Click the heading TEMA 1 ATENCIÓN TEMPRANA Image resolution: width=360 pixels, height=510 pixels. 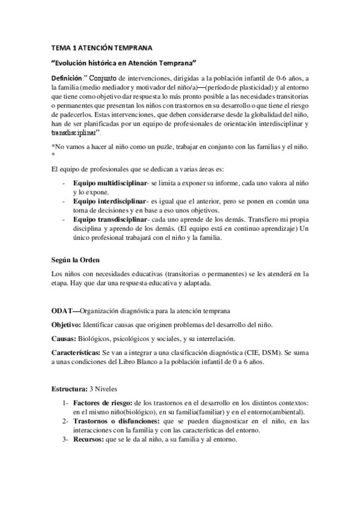point(102,47)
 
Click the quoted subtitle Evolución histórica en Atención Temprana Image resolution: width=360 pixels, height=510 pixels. point(124,63)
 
